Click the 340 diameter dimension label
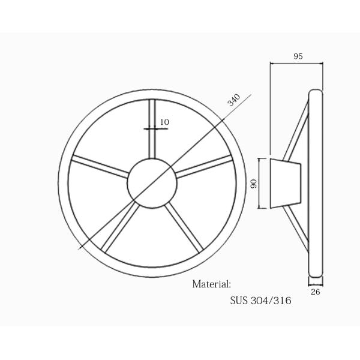(234, 100)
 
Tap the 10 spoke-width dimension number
(164, 122)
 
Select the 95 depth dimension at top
(298, 56)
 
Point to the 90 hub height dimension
(254, 184)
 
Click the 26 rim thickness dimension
(316, 292)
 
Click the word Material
(211, 284)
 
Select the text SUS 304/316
(260, 300)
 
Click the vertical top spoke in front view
(152, 129)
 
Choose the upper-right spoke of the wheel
(203, 165)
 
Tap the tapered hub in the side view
(284, 184)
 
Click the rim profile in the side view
(316, 186)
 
